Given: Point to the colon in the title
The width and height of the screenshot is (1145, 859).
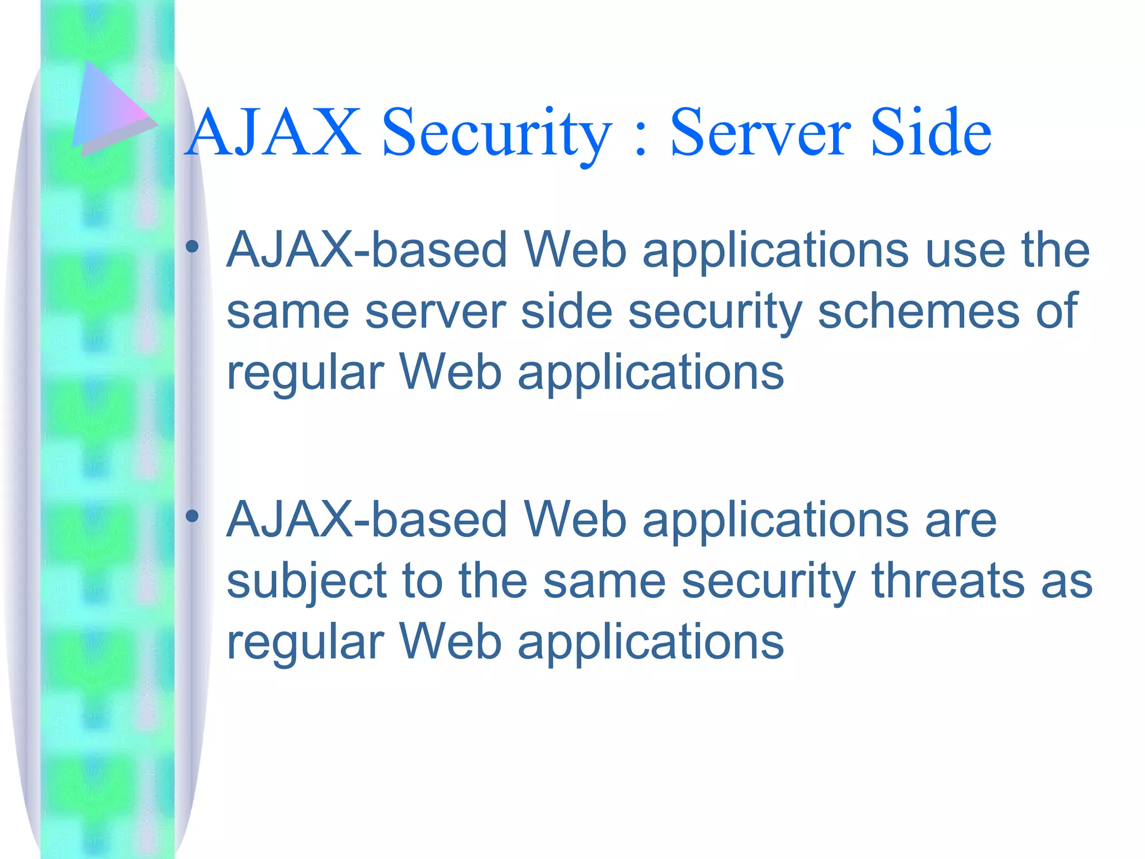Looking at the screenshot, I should pos(641,140).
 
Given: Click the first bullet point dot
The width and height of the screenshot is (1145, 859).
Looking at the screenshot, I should pos(192,246).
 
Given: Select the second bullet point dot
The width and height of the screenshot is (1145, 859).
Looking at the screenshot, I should pos(192,516).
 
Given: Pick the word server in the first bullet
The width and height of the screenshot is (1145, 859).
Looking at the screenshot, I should pos(436,311).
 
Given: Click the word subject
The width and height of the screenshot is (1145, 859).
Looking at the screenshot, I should pos(306,582).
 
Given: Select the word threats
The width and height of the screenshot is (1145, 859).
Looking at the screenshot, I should pos(948,582).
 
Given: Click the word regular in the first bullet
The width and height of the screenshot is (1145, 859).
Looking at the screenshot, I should pos(305,374).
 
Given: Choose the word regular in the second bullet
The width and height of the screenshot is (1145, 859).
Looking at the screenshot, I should pos(305,643).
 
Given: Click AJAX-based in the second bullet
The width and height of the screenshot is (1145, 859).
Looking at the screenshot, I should pos(367,521).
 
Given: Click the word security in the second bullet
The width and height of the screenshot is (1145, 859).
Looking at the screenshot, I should pos(768,582).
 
